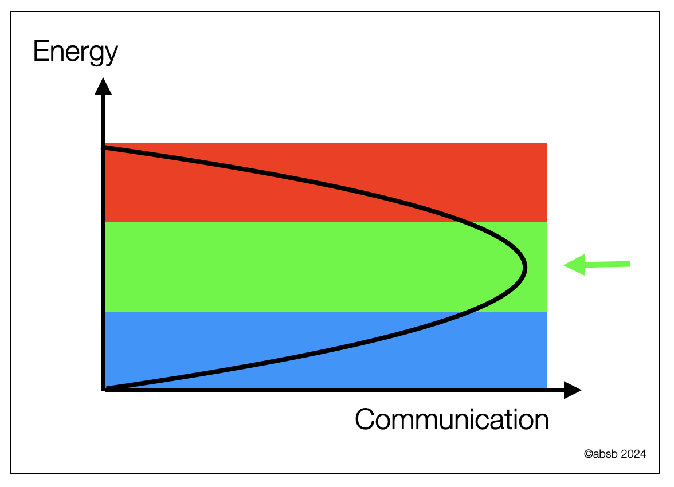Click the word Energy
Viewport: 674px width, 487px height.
pos(75,52)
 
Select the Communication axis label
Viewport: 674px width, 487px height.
pos(452,419)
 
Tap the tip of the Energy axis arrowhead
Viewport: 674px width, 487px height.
pos(103,80)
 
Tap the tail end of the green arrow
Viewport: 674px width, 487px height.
pos(629,264)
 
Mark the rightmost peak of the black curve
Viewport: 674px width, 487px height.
pos(524,268)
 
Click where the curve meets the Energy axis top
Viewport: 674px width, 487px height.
pos(104,148)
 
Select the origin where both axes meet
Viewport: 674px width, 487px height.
pos(104,390)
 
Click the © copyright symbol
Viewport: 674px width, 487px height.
pos(588,454)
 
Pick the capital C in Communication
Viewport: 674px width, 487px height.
pos(366,419)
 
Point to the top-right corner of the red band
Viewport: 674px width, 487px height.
pos(546,143)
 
